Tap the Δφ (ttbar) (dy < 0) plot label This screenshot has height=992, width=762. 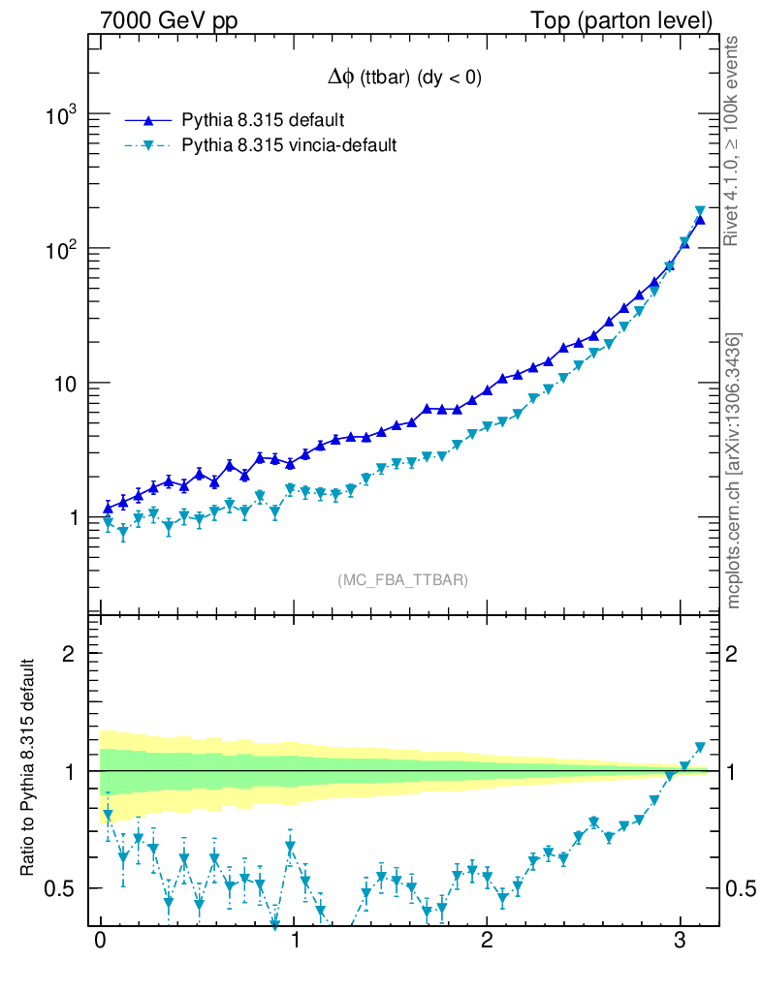[404, 79]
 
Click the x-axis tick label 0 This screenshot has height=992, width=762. [100, 941]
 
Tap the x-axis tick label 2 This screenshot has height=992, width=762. [487, 941]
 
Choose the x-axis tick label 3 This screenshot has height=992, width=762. [680, 941]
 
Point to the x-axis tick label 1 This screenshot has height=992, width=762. [294, 941]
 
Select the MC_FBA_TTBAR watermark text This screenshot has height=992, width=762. [403, 580]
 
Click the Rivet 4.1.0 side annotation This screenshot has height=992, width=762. [734, 141]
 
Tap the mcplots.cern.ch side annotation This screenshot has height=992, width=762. [734, 470]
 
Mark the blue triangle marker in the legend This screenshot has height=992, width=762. [148, 120]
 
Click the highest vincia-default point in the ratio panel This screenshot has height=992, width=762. [701, 748]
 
